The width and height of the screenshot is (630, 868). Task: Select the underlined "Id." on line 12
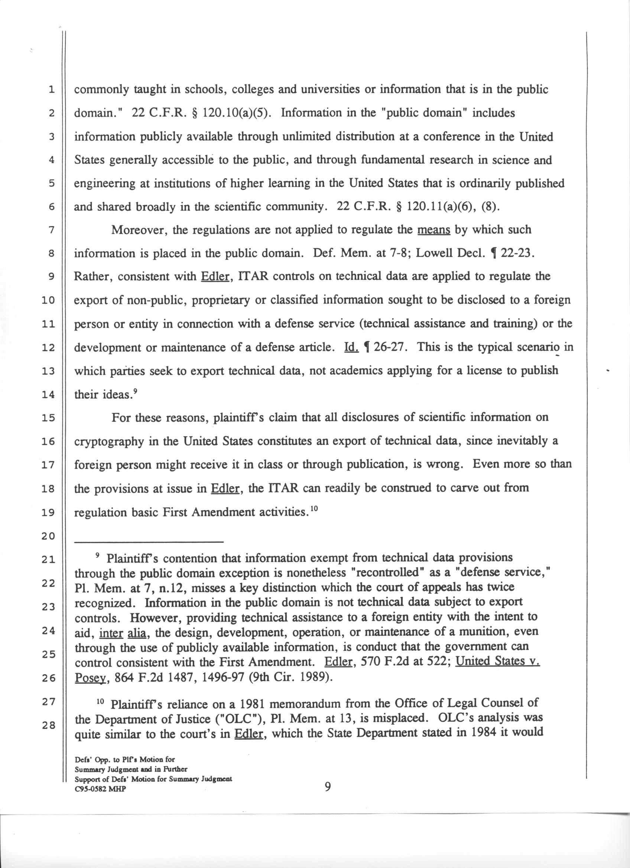tap(351, 347)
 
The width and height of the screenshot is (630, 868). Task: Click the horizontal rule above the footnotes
tap(149, 541)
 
